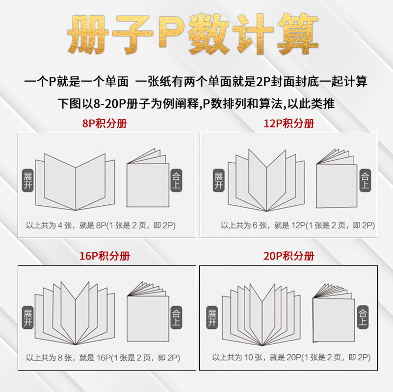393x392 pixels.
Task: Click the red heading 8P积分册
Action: click(x=105, y=123)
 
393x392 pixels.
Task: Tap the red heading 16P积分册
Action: click(x=105, y=256)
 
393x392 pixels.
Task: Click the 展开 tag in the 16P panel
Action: click(x=28, y=317)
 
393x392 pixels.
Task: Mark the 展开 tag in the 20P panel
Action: click(x=212, y=317)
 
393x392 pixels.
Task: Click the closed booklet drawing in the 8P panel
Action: click(x=148, y=182)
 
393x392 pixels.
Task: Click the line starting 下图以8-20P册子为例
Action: click(x=196, y=104)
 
